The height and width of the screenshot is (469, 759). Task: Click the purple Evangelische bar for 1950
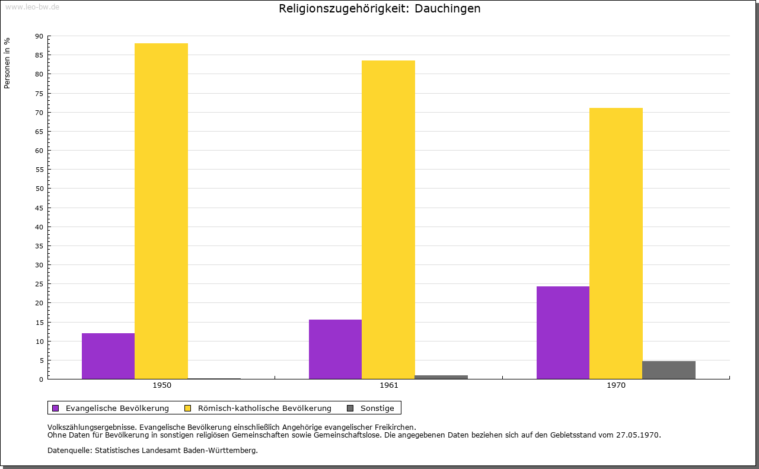108,356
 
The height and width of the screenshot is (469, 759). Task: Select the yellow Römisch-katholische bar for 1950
161,211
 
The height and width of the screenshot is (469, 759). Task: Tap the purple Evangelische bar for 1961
335,349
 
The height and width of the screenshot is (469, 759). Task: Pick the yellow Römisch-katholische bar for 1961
388,219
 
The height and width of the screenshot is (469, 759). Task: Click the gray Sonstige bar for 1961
441,377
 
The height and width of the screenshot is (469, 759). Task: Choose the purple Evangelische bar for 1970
563,333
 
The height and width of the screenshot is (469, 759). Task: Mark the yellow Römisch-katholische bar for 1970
616,243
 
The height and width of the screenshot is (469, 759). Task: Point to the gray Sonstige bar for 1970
669,370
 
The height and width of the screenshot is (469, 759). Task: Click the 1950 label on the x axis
162,385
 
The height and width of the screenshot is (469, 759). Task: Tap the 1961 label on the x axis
389,385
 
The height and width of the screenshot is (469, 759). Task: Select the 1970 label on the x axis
616,385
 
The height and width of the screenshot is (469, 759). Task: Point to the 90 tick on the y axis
39,36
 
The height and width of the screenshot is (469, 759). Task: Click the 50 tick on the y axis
39,189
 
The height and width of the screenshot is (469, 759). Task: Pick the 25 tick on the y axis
39,284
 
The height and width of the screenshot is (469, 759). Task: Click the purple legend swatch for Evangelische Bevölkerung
56,408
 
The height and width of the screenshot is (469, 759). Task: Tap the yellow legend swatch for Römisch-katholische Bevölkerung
188,408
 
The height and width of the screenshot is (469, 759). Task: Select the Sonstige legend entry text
377,408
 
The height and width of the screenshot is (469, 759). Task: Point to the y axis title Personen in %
7,63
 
